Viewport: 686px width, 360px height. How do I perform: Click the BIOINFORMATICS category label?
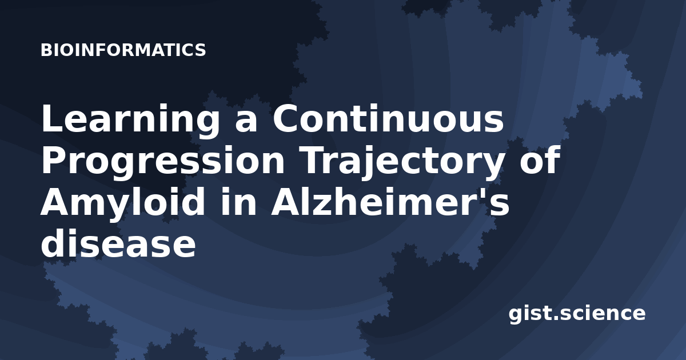tap(123, 50)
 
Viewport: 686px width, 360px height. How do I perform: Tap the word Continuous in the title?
tap(388, 118)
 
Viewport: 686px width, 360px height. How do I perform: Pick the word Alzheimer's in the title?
tap(390, 202)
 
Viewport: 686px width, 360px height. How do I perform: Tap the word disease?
tap(118, 243)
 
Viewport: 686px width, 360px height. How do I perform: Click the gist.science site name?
tap(577, 314)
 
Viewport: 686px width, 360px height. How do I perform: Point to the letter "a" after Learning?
tap(246, 122)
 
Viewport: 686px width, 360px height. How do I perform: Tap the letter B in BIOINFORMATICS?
tap(46, 50)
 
